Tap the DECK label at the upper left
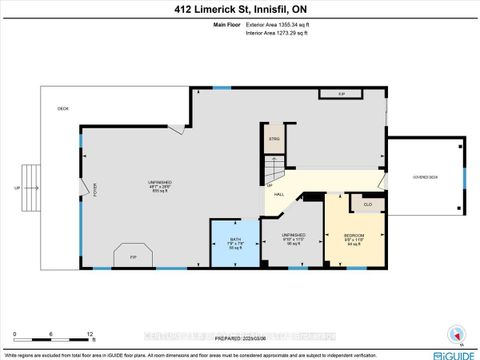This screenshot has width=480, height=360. pyautogui.click(x=62, y=108)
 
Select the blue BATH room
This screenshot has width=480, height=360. pyautogui.click(x=235, y=243)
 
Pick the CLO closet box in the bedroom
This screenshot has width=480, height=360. pyautogui.click(x=367, y=203)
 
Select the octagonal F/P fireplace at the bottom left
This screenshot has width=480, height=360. pyautogui.click(x=134, y=257)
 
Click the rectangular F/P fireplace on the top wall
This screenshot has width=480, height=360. pyautogui.click(x=341, y=95)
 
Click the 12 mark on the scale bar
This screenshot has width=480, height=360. pyautogui.click(x=90, y=334)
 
